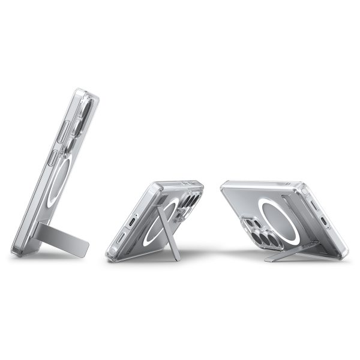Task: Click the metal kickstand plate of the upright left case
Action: [x=66, y=241]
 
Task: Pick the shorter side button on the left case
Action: [x=53, y=161]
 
